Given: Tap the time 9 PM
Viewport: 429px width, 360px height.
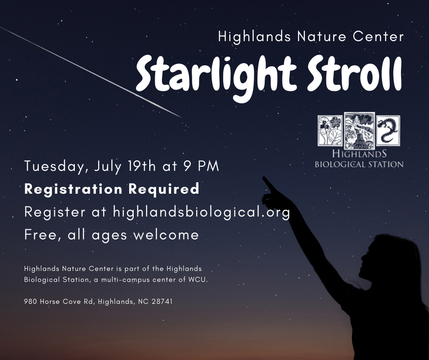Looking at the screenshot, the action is pos(201,166).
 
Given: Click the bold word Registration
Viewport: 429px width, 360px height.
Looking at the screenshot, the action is pos(73,190).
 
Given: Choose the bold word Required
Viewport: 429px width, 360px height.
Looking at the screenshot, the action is pos(163,189).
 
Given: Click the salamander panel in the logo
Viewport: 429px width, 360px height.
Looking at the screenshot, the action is pos(388,131).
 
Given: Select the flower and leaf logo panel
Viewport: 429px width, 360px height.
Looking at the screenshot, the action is pos(330,130).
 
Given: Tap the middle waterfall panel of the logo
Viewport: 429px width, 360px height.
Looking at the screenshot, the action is pos(359,130).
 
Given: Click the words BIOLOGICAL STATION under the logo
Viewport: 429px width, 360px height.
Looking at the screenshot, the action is pos(359,164).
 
